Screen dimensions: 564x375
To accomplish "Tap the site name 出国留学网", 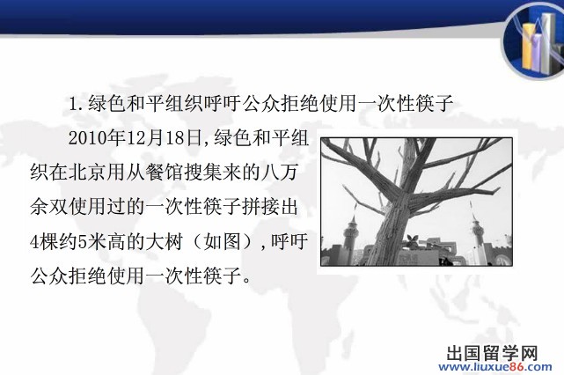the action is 493,353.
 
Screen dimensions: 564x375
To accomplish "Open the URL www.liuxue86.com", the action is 495,367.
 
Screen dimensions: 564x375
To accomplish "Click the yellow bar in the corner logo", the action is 527,46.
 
